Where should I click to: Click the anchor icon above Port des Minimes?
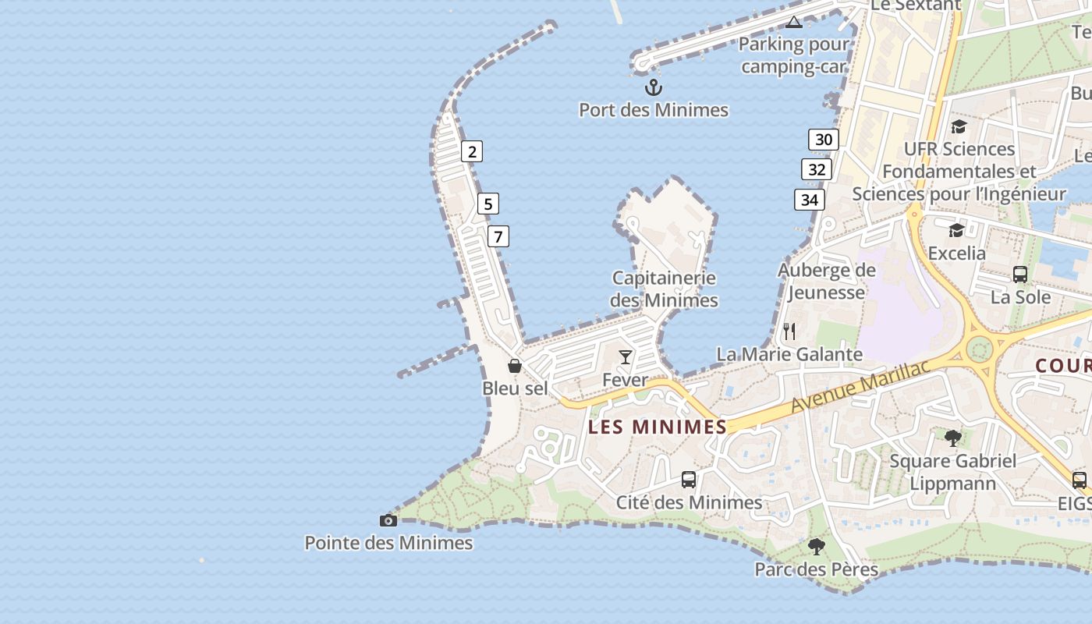point(654,87)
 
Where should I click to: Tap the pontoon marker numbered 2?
point(471,151)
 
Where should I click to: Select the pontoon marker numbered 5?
point(488,204)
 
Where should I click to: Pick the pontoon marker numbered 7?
point(498,236)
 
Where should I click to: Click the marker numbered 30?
point(823,140)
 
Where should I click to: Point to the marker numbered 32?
point(817,170)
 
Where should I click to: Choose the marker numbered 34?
point(810,200)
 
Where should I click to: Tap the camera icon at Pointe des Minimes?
point(388,520)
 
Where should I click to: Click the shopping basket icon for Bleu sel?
point(515,365)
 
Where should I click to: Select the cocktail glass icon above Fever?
point(626,357)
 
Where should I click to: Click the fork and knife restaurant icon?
point(789,331)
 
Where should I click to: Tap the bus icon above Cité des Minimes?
point(689,479)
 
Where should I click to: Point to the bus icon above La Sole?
point(1019,274)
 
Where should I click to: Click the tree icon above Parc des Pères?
point(816,546)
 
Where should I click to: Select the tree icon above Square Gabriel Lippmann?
point(952,438)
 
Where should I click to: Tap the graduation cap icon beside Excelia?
point(956,230)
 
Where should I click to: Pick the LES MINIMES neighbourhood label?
point(658,427)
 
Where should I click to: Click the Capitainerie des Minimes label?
point(664,289)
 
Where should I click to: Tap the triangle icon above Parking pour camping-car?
point(794,22)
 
